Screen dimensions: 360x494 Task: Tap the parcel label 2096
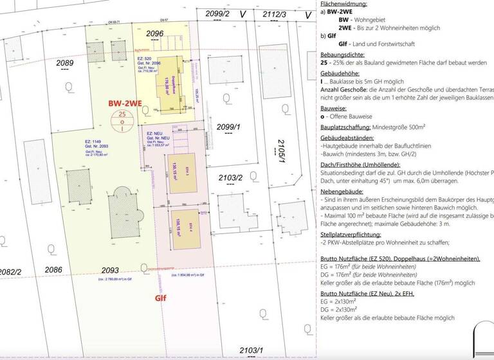click(x=155, y=33)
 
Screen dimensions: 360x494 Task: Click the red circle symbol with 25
click(x=123, y=120)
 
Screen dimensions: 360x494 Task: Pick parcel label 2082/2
click(x=10, y=272)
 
